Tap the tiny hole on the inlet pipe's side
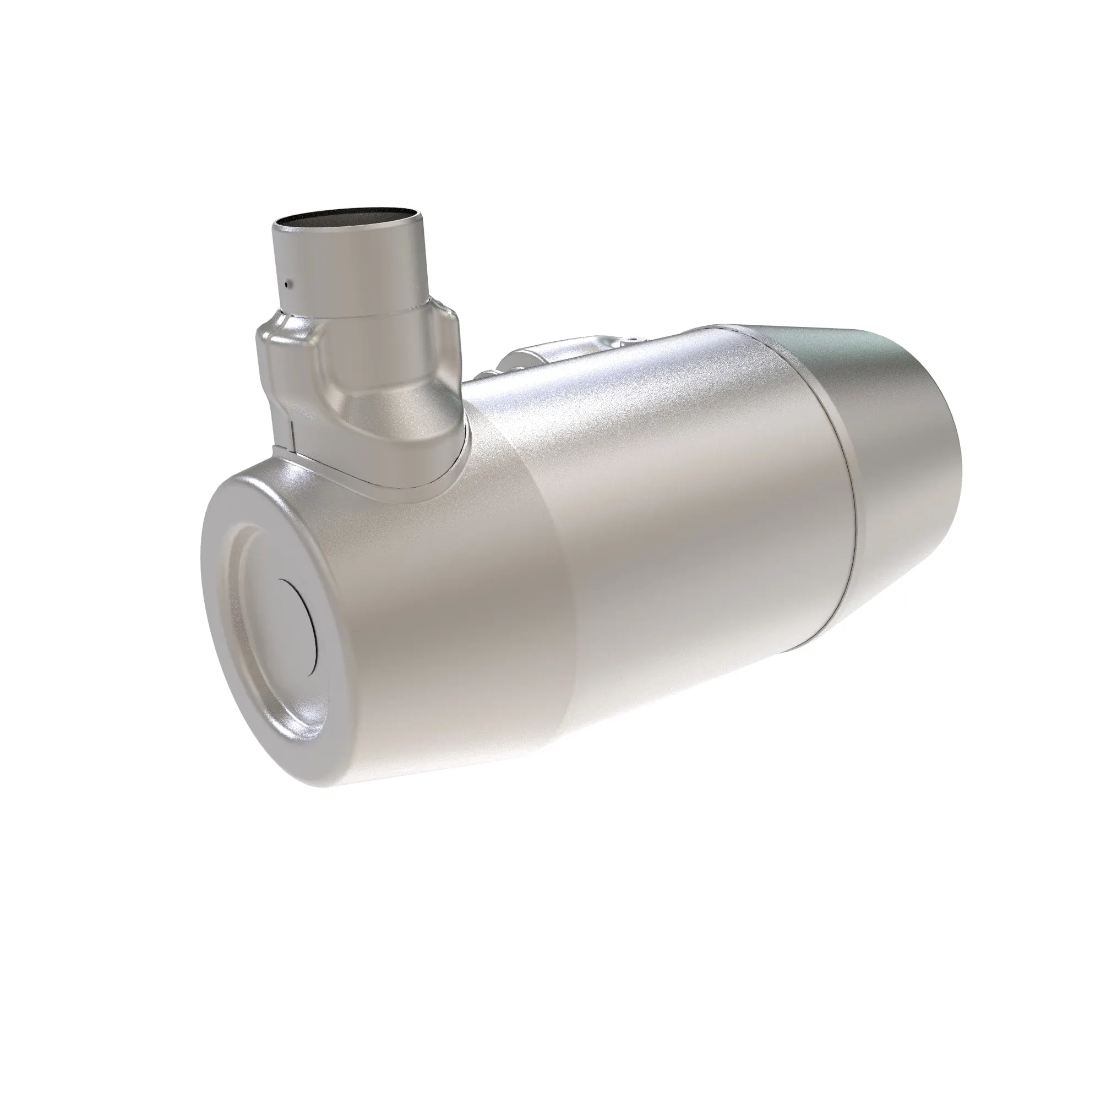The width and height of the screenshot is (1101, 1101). [x=290, y=282]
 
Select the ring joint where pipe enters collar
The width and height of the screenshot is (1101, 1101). [x=353, y=312]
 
